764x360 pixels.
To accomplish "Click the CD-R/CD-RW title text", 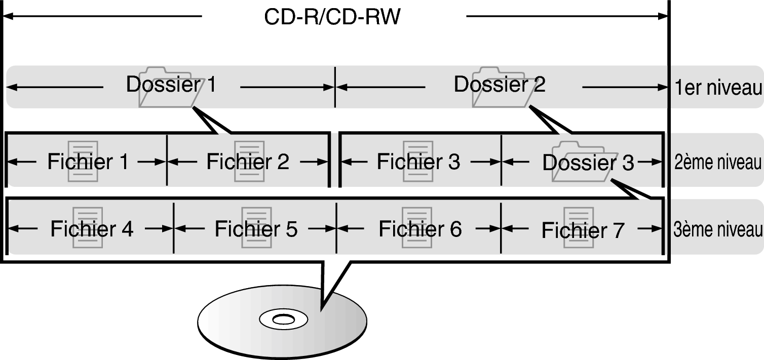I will (x=332, y=17).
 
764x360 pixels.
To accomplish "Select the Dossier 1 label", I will (x=171, y=85).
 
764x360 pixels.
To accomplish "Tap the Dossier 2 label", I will (x=500, y=85).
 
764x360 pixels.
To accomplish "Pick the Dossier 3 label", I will (x=588, y=163).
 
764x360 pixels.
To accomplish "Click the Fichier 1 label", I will (x=88, y=162).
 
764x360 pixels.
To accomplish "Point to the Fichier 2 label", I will (x=248, y=162).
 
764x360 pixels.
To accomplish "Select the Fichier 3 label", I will (x=418, y=162).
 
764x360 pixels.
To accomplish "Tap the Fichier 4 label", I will (x=92, y=229).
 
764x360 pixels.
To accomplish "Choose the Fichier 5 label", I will (x=256, y=229).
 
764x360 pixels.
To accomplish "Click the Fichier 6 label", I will (x=420, y=229).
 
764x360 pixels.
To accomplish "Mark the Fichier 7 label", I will (x=583, y=230).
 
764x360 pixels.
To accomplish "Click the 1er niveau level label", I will (x=718, y=88).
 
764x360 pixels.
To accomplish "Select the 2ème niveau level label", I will (x=718, y=163).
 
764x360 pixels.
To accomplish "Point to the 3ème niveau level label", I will (x=718, y=230).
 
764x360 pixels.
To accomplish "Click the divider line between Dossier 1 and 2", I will (x=335, y=87).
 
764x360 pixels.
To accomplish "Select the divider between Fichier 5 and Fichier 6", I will (x=336, y=228).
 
